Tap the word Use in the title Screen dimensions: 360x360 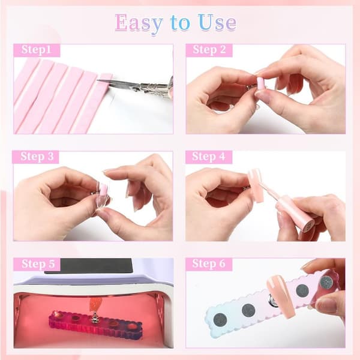[x=217, y=23]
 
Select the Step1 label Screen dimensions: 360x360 [x=36, y=50]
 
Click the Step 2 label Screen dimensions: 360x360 [x=209, y=50]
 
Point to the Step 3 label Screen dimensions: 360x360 [x=37, y=157]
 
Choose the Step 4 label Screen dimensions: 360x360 [x=208, y=157]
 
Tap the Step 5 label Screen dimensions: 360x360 [x=38, y=264]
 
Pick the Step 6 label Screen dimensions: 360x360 [x=209, y=263]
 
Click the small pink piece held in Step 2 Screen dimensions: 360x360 [x=261, y=85]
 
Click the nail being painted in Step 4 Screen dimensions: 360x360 [x=256, y=185]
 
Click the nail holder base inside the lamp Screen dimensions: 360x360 [x=95, y=325]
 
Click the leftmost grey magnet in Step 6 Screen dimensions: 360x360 [x=220, y=320]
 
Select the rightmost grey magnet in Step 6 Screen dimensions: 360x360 [x=326, y=282]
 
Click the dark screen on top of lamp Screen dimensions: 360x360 [x=89, y=266]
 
